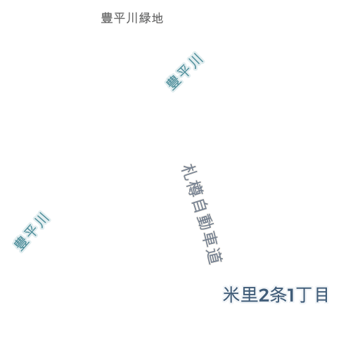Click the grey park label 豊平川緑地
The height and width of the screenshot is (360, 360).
tap(132, 18)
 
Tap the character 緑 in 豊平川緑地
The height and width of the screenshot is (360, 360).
tap(145, 18)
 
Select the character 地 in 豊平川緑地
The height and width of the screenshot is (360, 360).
tap(157, 18)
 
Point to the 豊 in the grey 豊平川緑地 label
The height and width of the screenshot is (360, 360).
tap(107, 18)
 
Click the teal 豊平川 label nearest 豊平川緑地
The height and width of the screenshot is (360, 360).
tap(184, 72)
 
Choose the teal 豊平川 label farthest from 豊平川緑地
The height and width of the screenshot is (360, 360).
tap(32, 231)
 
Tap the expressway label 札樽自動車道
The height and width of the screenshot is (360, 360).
tap(202, 214)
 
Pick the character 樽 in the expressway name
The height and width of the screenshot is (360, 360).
tap(195, 188)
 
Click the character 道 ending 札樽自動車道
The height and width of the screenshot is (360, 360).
tap(214, 256)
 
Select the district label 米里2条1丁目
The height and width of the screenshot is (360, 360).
tap(276, 295)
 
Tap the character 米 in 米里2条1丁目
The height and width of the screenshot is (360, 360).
tap(231, 295)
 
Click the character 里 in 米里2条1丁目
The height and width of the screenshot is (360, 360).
tap(249, 295)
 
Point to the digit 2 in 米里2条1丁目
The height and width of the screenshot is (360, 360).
tap(264, 295)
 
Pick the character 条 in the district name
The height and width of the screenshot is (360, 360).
tap(278, 295)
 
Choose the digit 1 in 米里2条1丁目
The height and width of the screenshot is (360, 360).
tap(291, 295)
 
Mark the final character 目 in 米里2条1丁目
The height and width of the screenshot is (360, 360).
tap(322, 295)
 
